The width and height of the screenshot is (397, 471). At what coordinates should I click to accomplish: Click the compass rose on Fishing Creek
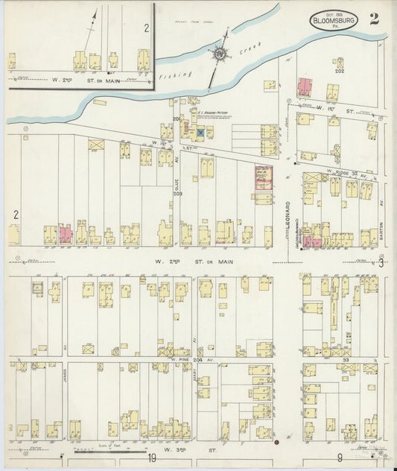pos(220,54)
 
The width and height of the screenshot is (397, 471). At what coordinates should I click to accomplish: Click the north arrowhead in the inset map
pos(95,13)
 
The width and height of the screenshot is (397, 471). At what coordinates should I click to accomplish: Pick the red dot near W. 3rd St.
pos(276,443)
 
